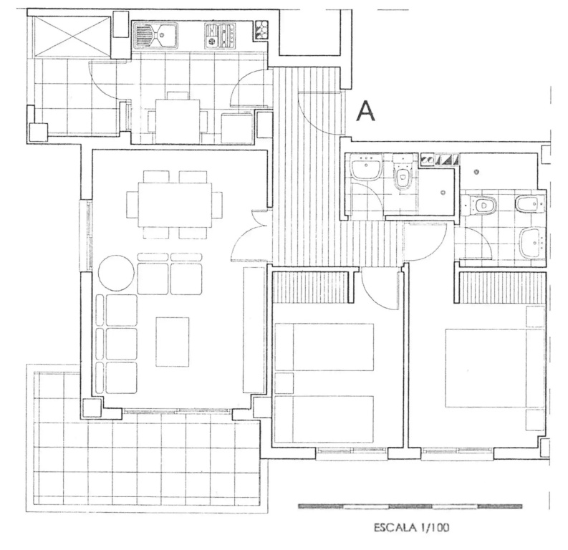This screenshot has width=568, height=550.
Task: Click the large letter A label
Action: [x=365, y=111]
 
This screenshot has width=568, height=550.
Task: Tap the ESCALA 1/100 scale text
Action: [x=411, y=527]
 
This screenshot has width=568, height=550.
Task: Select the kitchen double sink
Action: [x=155, y=35]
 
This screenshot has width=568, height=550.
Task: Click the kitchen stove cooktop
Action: [x=220, y=36]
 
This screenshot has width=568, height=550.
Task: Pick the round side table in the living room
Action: [x=116, y=272]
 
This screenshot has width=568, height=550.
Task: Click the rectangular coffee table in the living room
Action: [x=173, y=342]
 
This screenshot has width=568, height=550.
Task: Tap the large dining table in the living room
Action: [x=175, y=205]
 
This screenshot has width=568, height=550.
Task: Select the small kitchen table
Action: [x=178, y=120]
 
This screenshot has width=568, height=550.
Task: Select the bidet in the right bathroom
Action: [x=530, y=204]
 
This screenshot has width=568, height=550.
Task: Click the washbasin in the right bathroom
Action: [x=532, y=243]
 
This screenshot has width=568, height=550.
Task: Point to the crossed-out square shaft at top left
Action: [x=72, y=37]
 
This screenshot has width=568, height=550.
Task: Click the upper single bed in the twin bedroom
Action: [x=324, y=347]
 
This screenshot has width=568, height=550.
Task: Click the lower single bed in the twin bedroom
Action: [x=324, y=419]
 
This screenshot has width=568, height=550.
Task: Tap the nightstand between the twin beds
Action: [x=284, y=382]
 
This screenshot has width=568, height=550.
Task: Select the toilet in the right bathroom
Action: [x=480, y=205]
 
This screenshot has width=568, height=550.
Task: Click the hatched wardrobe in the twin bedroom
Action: [x=310, y=286]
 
